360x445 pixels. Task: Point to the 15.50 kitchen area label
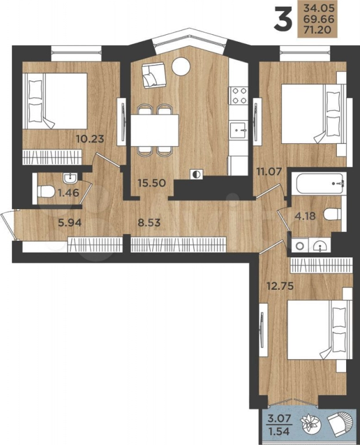pos(152,182)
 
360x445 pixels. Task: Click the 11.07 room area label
pos(268,170)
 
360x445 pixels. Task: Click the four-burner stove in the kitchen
pos(238,96)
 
